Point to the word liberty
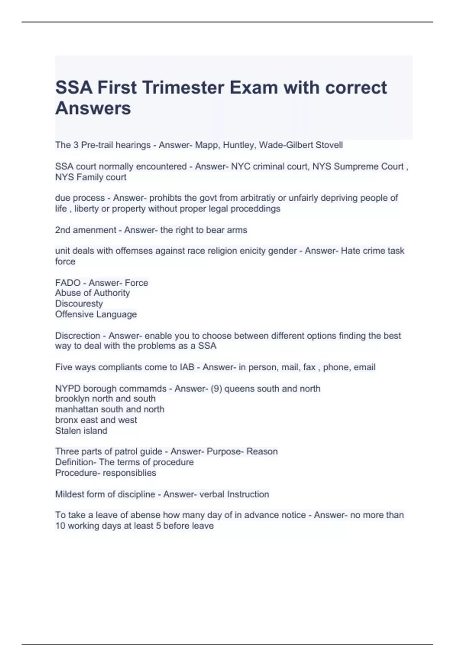tap(86, 208)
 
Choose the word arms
tap(237, 230)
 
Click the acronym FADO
tap(68, 283)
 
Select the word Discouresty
tap(79, 304)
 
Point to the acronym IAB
tap(187, 367)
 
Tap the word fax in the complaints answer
tap(309, 367)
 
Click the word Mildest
tap(69, 494)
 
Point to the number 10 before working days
tap(61, 525)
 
